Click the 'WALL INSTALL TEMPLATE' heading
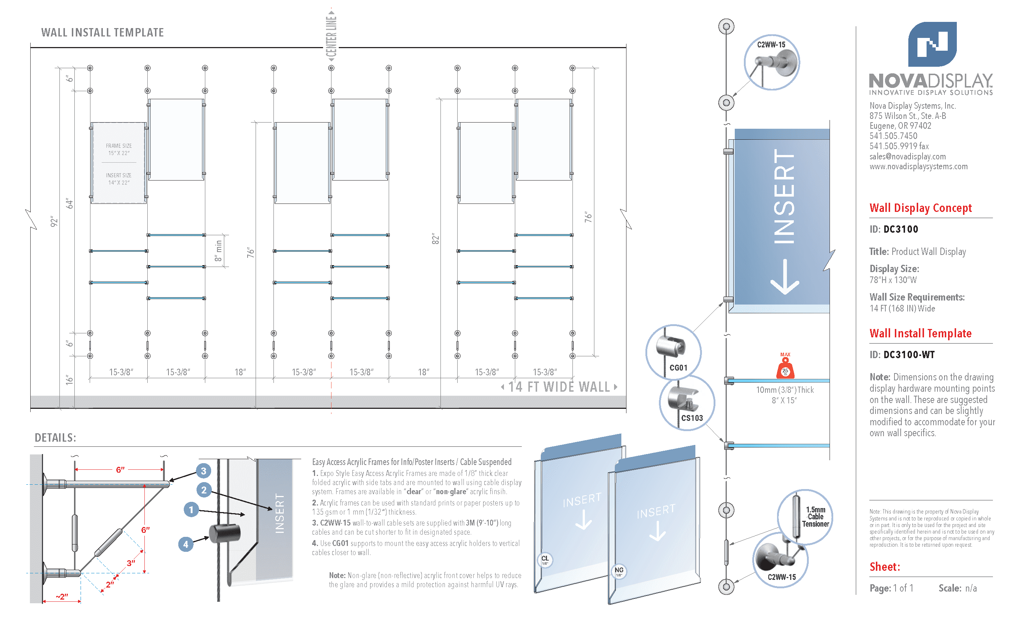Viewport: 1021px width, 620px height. tap(102, 32)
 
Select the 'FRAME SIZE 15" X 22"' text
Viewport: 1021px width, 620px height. tap(119, 149)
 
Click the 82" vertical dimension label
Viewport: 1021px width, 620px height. tap(435, 238)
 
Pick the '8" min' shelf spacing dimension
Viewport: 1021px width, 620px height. tap(218, 251)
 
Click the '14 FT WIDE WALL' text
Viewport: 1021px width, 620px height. tap(559, 387)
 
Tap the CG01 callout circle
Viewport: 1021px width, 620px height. tap(673, 352)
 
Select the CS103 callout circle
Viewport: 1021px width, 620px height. tap(687, 403)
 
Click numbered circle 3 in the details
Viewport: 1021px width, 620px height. tap(203, 471)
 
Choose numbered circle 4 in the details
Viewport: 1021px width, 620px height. tap(186, 544)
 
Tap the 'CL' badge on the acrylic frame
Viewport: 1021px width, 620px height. tap(545, 559)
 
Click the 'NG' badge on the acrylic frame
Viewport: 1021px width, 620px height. tap(619, 571)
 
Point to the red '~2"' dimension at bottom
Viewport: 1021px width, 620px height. tap(62, 596)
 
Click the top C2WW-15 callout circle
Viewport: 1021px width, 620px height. tap(772, 62)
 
